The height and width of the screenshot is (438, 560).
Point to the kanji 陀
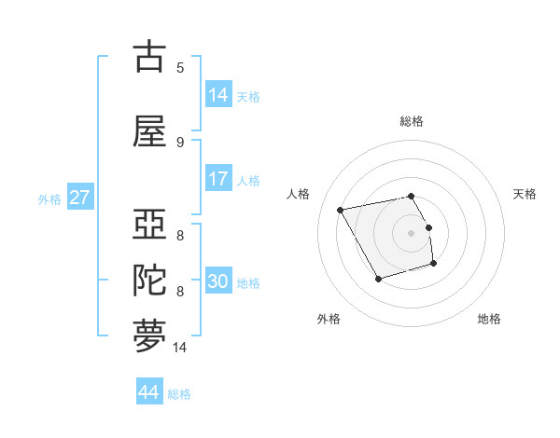pos(150,279)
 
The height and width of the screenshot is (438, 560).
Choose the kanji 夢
pos(150,336)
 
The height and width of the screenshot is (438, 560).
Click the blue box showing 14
pos(218,95)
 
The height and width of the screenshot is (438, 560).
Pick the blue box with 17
pos(218,179)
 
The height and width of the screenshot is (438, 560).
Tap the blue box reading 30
pos(218,281)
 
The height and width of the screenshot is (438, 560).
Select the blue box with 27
pos(79,198)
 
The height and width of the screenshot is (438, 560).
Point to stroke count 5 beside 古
pos(180,67)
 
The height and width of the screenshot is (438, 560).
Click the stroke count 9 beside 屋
pos(180,142)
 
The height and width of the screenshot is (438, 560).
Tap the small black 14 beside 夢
pos(181,348)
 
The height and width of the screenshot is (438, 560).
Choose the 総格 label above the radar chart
pos(411,121)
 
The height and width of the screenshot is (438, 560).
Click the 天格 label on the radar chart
pos(525,194)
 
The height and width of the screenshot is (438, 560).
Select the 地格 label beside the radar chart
pos(489,319)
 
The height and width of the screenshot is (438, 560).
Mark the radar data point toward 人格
pos(341,209)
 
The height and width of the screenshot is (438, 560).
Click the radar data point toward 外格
pos(378,279)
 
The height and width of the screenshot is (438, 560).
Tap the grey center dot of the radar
pos(411,232)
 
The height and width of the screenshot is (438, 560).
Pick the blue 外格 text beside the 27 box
pos(49,198)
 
